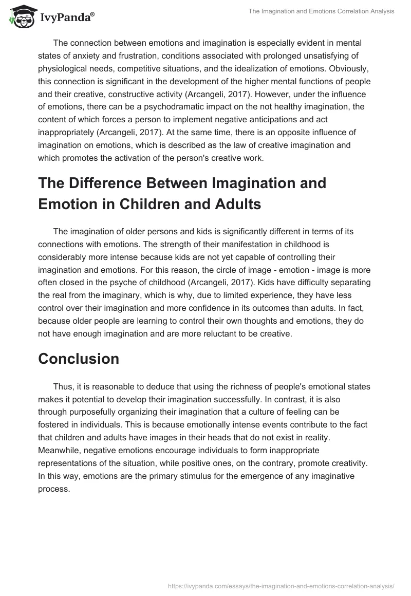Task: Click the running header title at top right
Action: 329,11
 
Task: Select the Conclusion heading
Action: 79,359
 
